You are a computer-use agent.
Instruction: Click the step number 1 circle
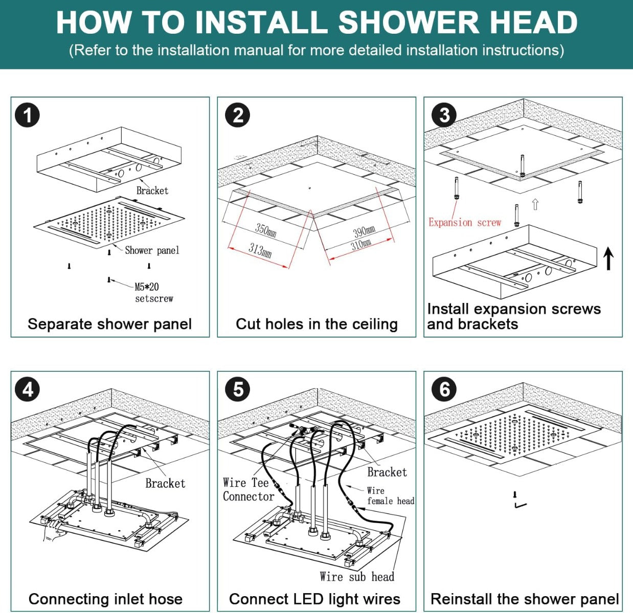[27, 115]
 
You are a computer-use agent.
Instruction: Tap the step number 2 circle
[238, 115]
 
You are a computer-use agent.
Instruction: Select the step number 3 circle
[444, 115]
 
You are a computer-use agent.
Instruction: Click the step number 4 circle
[27, 390]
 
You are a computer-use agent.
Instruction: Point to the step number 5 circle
[238, 390]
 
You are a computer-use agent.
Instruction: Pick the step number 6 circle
[444, 390]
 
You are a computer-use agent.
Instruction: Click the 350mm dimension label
[266, 230]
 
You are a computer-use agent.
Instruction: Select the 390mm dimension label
[364, 231]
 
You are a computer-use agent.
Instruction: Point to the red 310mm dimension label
[361, 244]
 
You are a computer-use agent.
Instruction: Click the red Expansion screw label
[464, 223]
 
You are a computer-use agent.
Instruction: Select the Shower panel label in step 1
[152, 250]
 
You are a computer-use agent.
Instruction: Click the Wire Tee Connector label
[248, 489]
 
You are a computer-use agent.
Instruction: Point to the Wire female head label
[390, 496]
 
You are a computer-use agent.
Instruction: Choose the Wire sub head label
[357, 577]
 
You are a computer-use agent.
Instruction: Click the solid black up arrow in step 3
[608, 258]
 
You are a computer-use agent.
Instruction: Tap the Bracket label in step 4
[165, 483]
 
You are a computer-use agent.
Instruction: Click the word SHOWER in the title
[409, 22]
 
